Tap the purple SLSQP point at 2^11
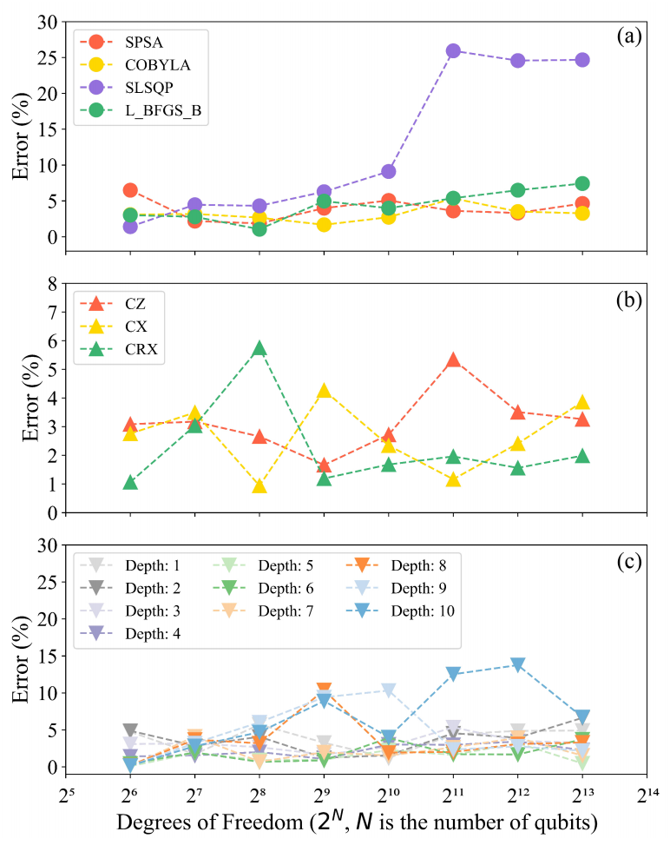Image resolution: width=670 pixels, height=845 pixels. [453, 51]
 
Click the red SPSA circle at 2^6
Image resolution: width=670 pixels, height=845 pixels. [130, 190]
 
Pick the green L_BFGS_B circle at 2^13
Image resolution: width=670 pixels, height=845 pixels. [582, 183]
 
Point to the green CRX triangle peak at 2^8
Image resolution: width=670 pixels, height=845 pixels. [259, 349]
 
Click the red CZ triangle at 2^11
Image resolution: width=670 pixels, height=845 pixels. [453, 360]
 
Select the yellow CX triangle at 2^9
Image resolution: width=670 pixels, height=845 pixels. [324, 391]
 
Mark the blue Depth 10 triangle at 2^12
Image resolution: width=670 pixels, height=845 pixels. [518, 665]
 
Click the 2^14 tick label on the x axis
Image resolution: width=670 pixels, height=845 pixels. [647, 796]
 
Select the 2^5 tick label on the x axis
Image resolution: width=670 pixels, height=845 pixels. [66, 796]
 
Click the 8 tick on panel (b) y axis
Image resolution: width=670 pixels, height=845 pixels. [50, 283]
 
